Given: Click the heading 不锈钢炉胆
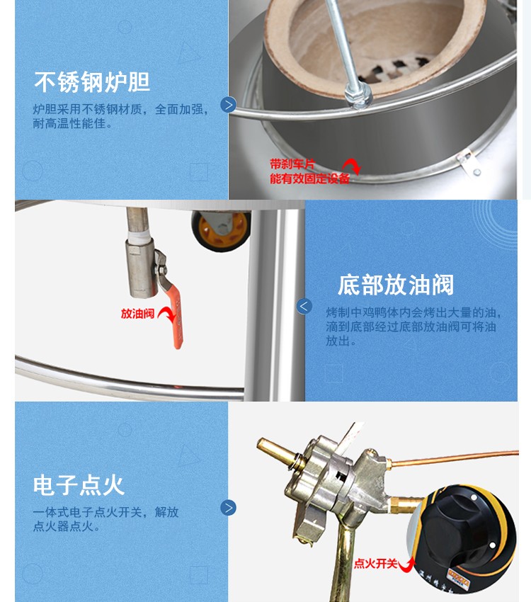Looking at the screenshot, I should click(92, 82).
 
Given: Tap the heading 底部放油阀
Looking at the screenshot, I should click(395, 285).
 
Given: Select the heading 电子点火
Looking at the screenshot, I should click(79, 485).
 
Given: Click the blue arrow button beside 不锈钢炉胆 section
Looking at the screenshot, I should click(228, 105).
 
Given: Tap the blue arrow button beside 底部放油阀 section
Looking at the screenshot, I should click(304, 306).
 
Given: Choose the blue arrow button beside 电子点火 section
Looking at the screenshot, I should click(228, 507).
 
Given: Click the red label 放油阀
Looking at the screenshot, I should click(137, 313).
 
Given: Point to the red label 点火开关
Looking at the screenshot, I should click(375, 564).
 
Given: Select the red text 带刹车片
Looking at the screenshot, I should click(292, 164).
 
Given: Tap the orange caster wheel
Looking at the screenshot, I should click(222, 229).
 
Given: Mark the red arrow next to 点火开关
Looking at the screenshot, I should click(409, 564).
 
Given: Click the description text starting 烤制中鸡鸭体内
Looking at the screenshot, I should click(413, 326).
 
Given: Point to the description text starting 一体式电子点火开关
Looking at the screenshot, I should click(105, 518).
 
